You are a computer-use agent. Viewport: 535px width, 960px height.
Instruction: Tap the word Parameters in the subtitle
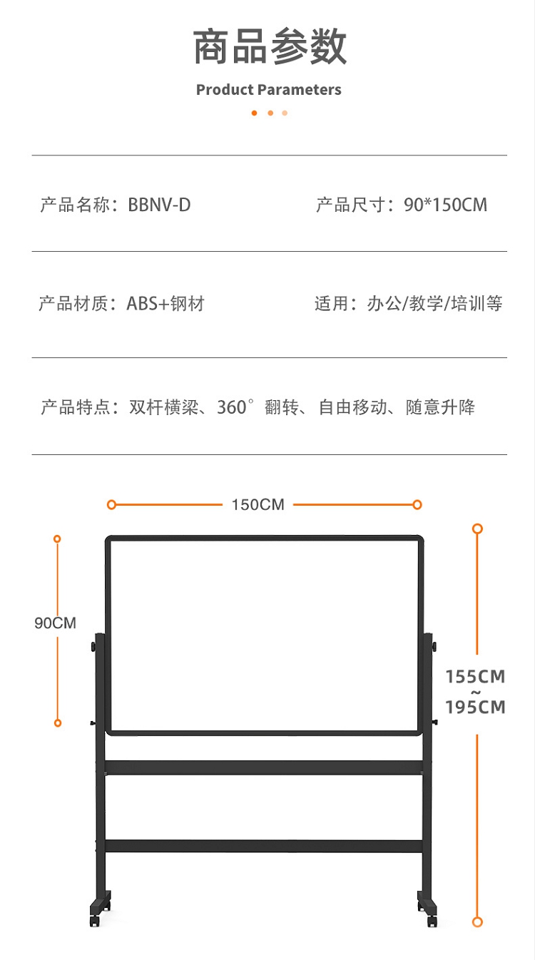click(x=299, y=90)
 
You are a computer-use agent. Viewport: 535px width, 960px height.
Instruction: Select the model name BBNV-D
click(x=159, y=205)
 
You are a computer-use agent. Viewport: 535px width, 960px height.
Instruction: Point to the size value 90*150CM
click(x=445, y=205)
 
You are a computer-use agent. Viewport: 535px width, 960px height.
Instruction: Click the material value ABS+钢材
click(x=165, y=303)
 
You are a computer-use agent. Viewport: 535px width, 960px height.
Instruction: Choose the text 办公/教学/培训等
click(x=434, y=303)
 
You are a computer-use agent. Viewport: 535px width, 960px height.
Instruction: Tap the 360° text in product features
click(x=235, y=407)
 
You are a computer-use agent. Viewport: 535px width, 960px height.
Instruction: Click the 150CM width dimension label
click(x=258, y=505)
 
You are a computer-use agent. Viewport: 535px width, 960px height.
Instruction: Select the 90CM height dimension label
click(x=56, y=623)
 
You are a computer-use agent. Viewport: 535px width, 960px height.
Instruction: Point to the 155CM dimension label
click(x=475, y=677)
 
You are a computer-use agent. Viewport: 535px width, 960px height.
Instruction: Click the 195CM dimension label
click(x=475, y=707)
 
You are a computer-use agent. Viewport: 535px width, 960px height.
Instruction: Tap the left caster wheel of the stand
click(x=94, y=921)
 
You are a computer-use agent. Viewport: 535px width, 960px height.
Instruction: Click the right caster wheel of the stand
click(x=432, y=921)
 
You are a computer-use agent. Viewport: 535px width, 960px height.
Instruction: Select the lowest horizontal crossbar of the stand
click(x=264, y=846)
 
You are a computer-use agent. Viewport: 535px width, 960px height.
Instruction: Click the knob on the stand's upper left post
click(x=93, y=647)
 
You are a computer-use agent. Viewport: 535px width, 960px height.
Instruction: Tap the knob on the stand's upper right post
click(x=434, y=647)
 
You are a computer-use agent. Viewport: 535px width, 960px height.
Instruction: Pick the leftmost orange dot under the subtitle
click(x=254, y=113)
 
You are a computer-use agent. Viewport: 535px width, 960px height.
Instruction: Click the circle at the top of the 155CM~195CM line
click(x=477, y=529)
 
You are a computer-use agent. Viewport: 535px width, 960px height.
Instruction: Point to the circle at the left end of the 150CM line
click(x=111, y=505)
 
